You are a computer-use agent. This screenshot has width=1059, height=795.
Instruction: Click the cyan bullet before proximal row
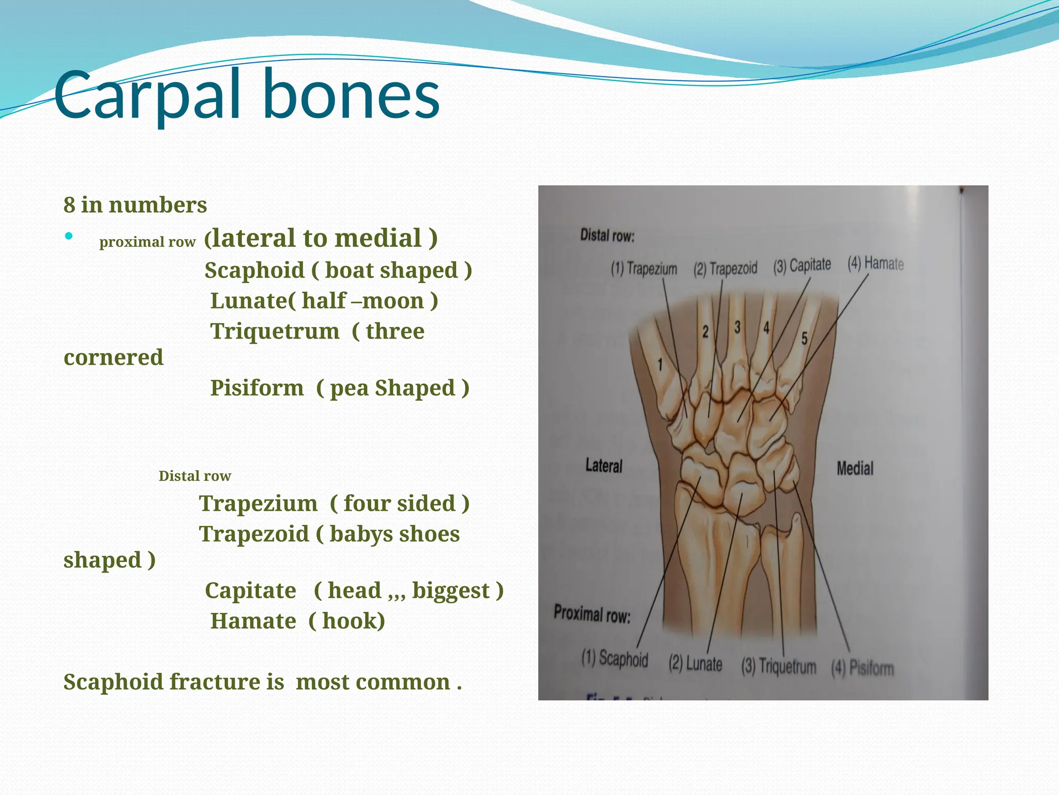69,237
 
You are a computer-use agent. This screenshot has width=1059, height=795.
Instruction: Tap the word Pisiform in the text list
257,388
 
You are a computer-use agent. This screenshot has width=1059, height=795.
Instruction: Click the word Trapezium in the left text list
258,503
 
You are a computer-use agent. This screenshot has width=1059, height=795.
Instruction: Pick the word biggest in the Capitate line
450,591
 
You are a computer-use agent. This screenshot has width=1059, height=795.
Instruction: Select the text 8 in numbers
135,204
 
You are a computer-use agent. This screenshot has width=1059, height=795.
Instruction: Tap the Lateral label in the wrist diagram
603,466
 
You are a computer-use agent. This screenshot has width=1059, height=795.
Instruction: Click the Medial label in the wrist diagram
854,468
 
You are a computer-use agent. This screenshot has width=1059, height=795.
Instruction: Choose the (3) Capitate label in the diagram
801,266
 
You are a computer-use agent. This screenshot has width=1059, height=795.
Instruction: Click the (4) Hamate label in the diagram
875,263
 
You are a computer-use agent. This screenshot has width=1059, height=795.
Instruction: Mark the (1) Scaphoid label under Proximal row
614,658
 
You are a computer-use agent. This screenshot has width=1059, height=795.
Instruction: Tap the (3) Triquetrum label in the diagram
778,666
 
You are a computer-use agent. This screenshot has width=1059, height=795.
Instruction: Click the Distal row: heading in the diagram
607,235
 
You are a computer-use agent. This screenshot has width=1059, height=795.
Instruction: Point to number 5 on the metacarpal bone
804,338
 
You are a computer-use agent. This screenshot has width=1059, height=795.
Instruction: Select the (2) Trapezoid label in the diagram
725,269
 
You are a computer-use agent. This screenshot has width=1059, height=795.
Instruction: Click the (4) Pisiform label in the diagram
862,668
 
